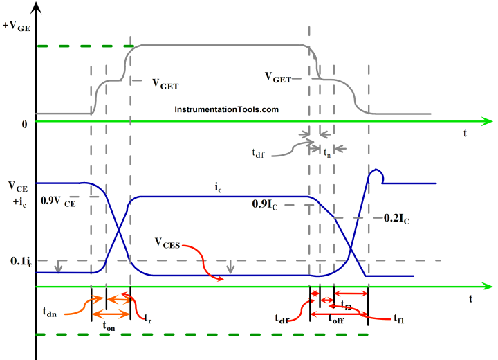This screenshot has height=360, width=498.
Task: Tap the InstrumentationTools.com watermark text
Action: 226,109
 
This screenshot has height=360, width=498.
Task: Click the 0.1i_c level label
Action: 18,261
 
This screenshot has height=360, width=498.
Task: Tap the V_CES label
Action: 168,242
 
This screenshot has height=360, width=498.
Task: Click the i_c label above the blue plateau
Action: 218,186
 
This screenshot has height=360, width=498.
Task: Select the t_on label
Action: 109,325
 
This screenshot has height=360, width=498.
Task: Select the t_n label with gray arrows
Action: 327,154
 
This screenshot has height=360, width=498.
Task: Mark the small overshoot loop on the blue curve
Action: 376,176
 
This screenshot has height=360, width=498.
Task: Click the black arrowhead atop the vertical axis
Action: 35,8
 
